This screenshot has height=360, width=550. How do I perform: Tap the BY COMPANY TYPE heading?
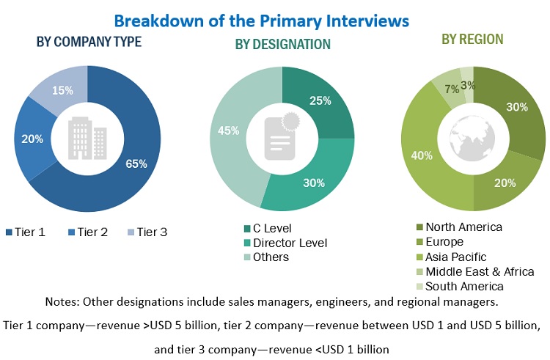click(89, 42)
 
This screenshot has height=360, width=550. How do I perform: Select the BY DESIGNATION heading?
click(282, 45)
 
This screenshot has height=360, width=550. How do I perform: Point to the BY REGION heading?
click(473, 39)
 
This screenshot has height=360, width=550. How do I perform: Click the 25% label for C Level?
click(320, 100)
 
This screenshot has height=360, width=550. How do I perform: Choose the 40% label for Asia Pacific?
click(421, 155)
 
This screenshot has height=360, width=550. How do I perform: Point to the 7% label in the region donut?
click(452, 89)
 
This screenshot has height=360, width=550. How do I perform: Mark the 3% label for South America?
click(469, 85)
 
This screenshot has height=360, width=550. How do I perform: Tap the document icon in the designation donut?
click(281, 136)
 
